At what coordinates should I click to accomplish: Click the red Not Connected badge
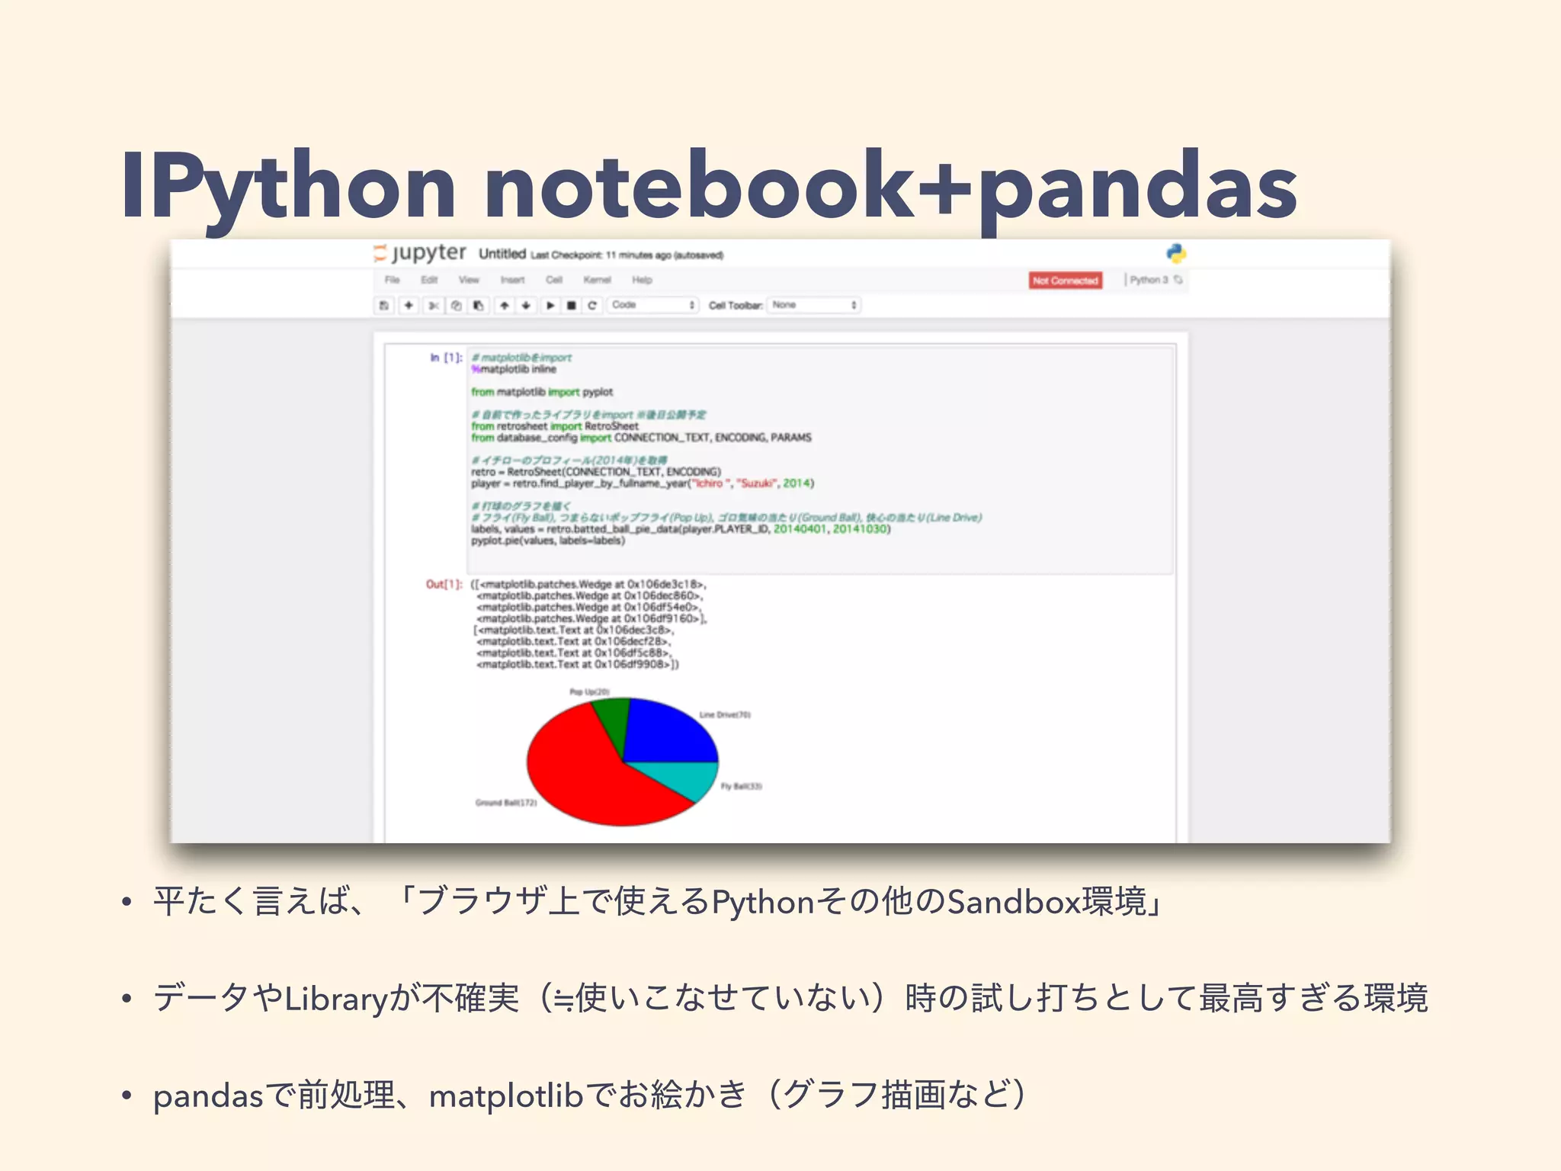[x=1065, y=281]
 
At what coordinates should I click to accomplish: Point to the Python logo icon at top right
[x=1175, y=253]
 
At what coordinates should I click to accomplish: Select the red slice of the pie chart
[x=587, y=778]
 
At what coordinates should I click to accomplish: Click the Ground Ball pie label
[x=506, y=803]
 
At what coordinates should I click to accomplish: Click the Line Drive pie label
[x=725, y=715]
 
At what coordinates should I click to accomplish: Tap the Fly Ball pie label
[x=741, y=786]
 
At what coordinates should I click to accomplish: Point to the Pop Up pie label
[x=589, y=692]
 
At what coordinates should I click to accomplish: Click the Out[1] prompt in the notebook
[x=444, y=584]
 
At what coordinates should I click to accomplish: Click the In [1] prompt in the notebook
[x=446, y=358]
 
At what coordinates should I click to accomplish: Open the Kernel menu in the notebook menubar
[x=597, y=280]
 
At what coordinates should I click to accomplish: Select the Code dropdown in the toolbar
[x=652, y=305]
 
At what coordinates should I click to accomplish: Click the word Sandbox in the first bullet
[x=1013, y=902]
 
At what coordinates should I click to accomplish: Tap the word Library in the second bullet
[x=336, y=999]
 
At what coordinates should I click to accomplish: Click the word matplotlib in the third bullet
[x=506, y=1096]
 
